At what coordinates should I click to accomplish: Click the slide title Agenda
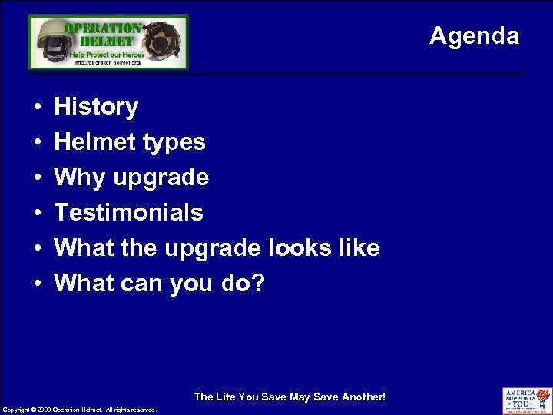coord(474,35)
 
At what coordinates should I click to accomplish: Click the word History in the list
coord(96,107)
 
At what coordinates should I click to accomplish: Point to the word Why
coord(80,178)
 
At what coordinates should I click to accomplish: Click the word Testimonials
coord(128,213)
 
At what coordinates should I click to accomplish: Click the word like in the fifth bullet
coord(356,248)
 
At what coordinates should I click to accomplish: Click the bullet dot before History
coord(37,108)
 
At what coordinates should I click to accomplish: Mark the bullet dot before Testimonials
coord(37,214)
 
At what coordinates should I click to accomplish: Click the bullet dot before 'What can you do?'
coord(37,284)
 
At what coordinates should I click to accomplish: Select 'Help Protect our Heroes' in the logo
coord(107,55)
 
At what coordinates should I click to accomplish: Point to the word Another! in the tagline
coord(363,397)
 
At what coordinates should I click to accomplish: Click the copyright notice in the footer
coord(80,410)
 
